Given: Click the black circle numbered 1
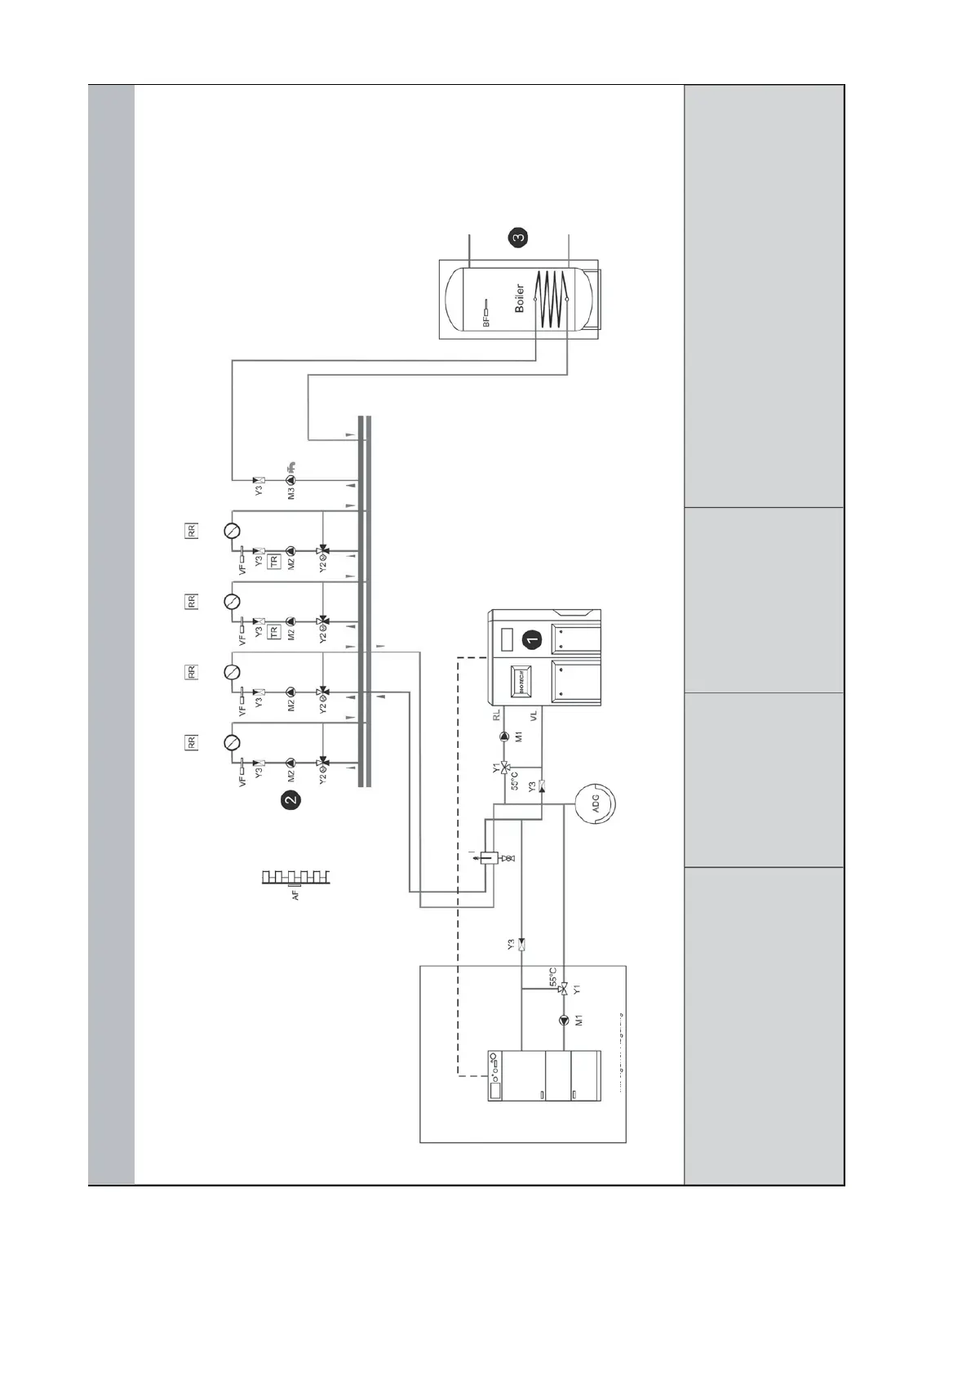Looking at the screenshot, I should [532, 639].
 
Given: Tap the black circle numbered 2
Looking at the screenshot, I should [290, 801].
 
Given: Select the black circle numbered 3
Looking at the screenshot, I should [518, 238].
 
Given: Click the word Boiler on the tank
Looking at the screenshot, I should [520, 299].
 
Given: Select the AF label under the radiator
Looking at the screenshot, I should [295, 895].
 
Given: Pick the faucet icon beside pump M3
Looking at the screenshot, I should [292, 469].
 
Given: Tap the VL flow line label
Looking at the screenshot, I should [534, 716].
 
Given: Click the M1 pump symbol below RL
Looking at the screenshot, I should [504, 736].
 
